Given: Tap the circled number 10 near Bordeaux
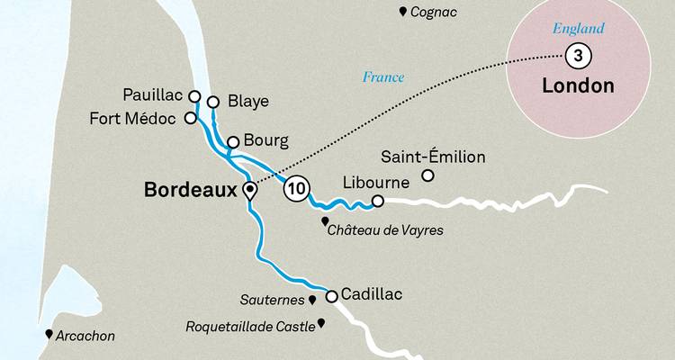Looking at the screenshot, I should pyautogui.click(x=296, y=190).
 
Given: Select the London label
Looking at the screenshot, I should pyautogui.click(x=579, y=86).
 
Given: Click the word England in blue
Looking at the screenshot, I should pyautogui.click(x=578, y=30).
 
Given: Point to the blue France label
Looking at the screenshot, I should pyautogui.click(x=383, y=77).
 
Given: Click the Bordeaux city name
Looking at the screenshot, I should pyautogui.click(x=190, y=190).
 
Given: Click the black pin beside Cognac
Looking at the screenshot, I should pyautogui.click(x=402, y=12).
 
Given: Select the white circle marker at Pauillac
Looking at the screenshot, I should pyautogui.click(x=193, y=95).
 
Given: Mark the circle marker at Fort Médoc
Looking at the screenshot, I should pyautogui.click(x=190, y=117).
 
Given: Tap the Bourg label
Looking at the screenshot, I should pyautogui.click(x=265, y=141).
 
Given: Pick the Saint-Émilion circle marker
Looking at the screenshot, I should pyautogui.click(x=428, y=175).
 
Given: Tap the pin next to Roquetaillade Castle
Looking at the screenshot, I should pyautogui.click(x=320, y=323).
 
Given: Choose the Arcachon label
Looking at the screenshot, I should pyautogui.click(x=86, y=336).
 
